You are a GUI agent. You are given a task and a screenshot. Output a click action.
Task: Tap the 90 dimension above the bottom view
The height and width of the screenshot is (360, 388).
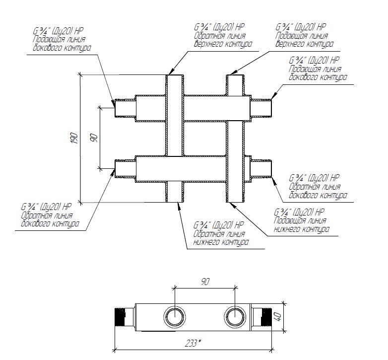(x=205, y=282)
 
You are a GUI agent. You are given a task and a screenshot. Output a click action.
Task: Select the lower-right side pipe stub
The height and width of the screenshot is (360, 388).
(x=261, y=168)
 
